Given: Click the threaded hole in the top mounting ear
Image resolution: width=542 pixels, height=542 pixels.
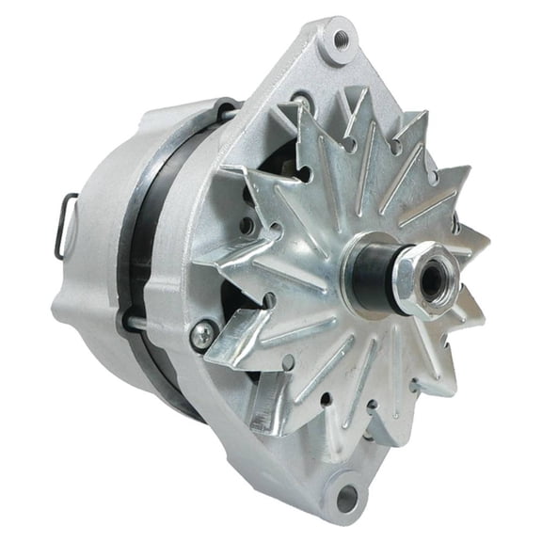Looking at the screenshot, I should tap(342, 39).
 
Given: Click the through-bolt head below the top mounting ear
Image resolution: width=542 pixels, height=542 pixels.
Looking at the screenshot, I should tap(299, 101).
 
